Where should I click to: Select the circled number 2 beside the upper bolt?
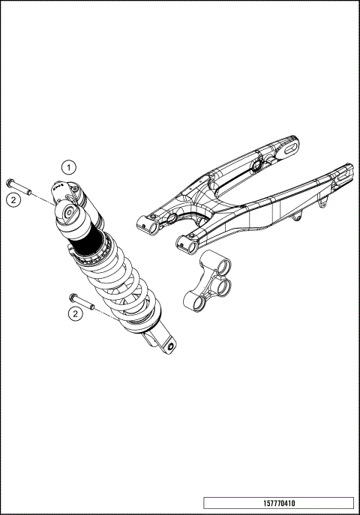[x=13, y=199]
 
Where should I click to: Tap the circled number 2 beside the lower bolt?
[x=76, y=313]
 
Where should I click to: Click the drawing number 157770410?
[x=278, y=503]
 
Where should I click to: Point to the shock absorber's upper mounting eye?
[x=70, y=213]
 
